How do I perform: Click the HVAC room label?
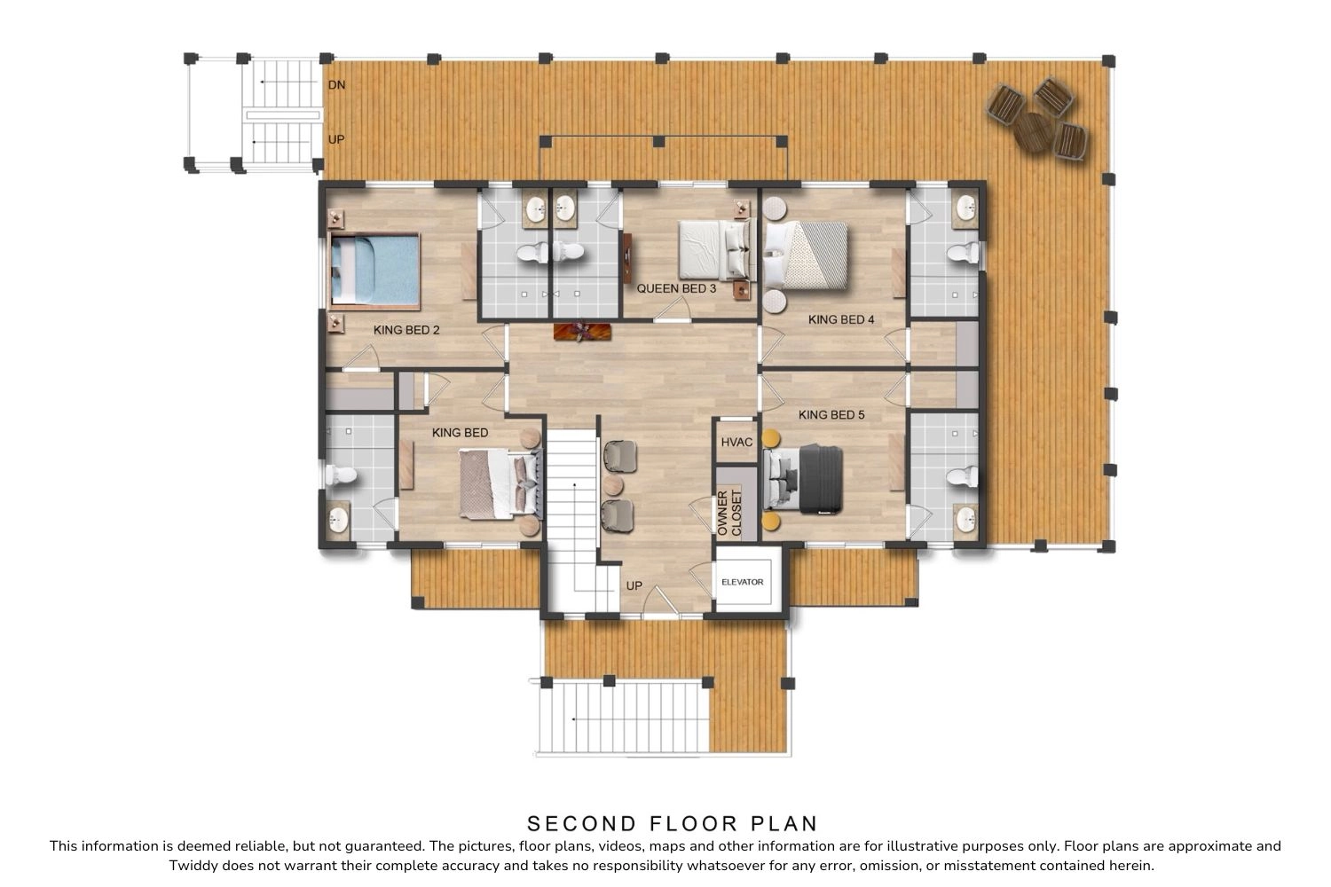pos(736,442)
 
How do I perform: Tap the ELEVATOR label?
pos(742,582)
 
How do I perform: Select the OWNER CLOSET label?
pos(729,513)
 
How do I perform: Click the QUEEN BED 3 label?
pos(676,289)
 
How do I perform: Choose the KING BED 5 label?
pos(831,415)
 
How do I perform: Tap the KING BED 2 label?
pos(406,330)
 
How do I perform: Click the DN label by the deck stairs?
pos(336,85)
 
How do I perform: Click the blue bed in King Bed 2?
pos(374,271)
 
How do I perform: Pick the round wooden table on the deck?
pos(1034,132)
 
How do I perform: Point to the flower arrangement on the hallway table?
pos(582,332)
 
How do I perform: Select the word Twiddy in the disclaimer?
pos(193,866)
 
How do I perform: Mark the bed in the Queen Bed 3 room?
pos(715,249)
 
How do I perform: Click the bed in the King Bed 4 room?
pos(805,255)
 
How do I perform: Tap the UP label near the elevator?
pos(634,585)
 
